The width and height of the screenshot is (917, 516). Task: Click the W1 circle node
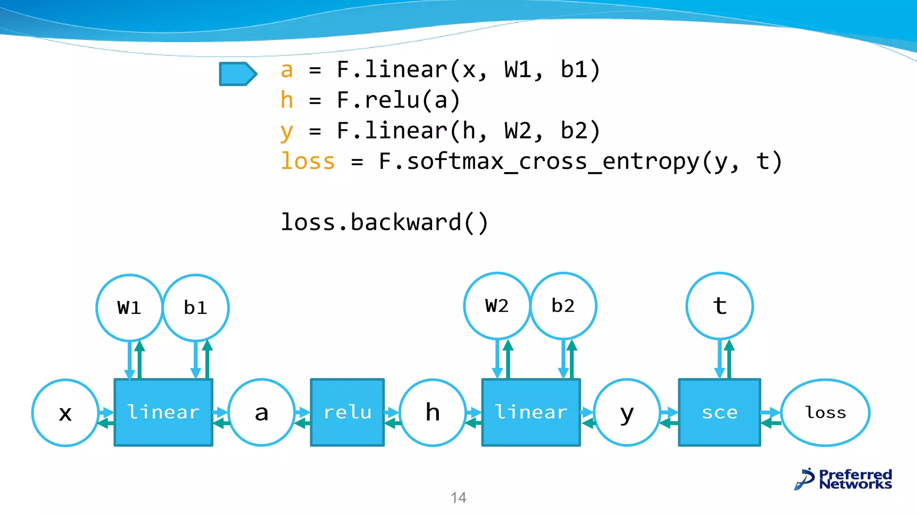click(129, 308)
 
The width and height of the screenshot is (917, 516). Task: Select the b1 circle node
click(196, 308)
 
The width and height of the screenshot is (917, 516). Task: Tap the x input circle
click(65, 413)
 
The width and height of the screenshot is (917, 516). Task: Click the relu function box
click(347, 413)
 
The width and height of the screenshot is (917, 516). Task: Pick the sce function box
click(720, 413)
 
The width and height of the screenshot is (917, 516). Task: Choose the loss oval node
click(825, 413)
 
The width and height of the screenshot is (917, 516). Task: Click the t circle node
click(720, 306)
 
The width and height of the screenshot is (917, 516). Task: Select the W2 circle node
click(497, 306)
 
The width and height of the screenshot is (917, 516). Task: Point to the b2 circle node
click(563, 306)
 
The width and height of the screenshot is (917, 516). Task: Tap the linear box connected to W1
click(163, 413)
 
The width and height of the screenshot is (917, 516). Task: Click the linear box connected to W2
click(531, 413)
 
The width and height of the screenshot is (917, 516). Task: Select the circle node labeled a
click(261, 413)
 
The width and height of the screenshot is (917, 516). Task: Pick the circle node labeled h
click(433, 413)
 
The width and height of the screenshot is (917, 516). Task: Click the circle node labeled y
click(627, 413)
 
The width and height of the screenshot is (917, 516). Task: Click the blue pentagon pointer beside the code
click(237, 74)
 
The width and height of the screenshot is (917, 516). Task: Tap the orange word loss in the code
click(308, 161)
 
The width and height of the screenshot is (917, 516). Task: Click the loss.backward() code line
click(384, 223)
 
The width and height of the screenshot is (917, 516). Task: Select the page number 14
click(458, 498)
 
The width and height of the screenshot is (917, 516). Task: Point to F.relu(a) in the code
click(398, 100)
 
